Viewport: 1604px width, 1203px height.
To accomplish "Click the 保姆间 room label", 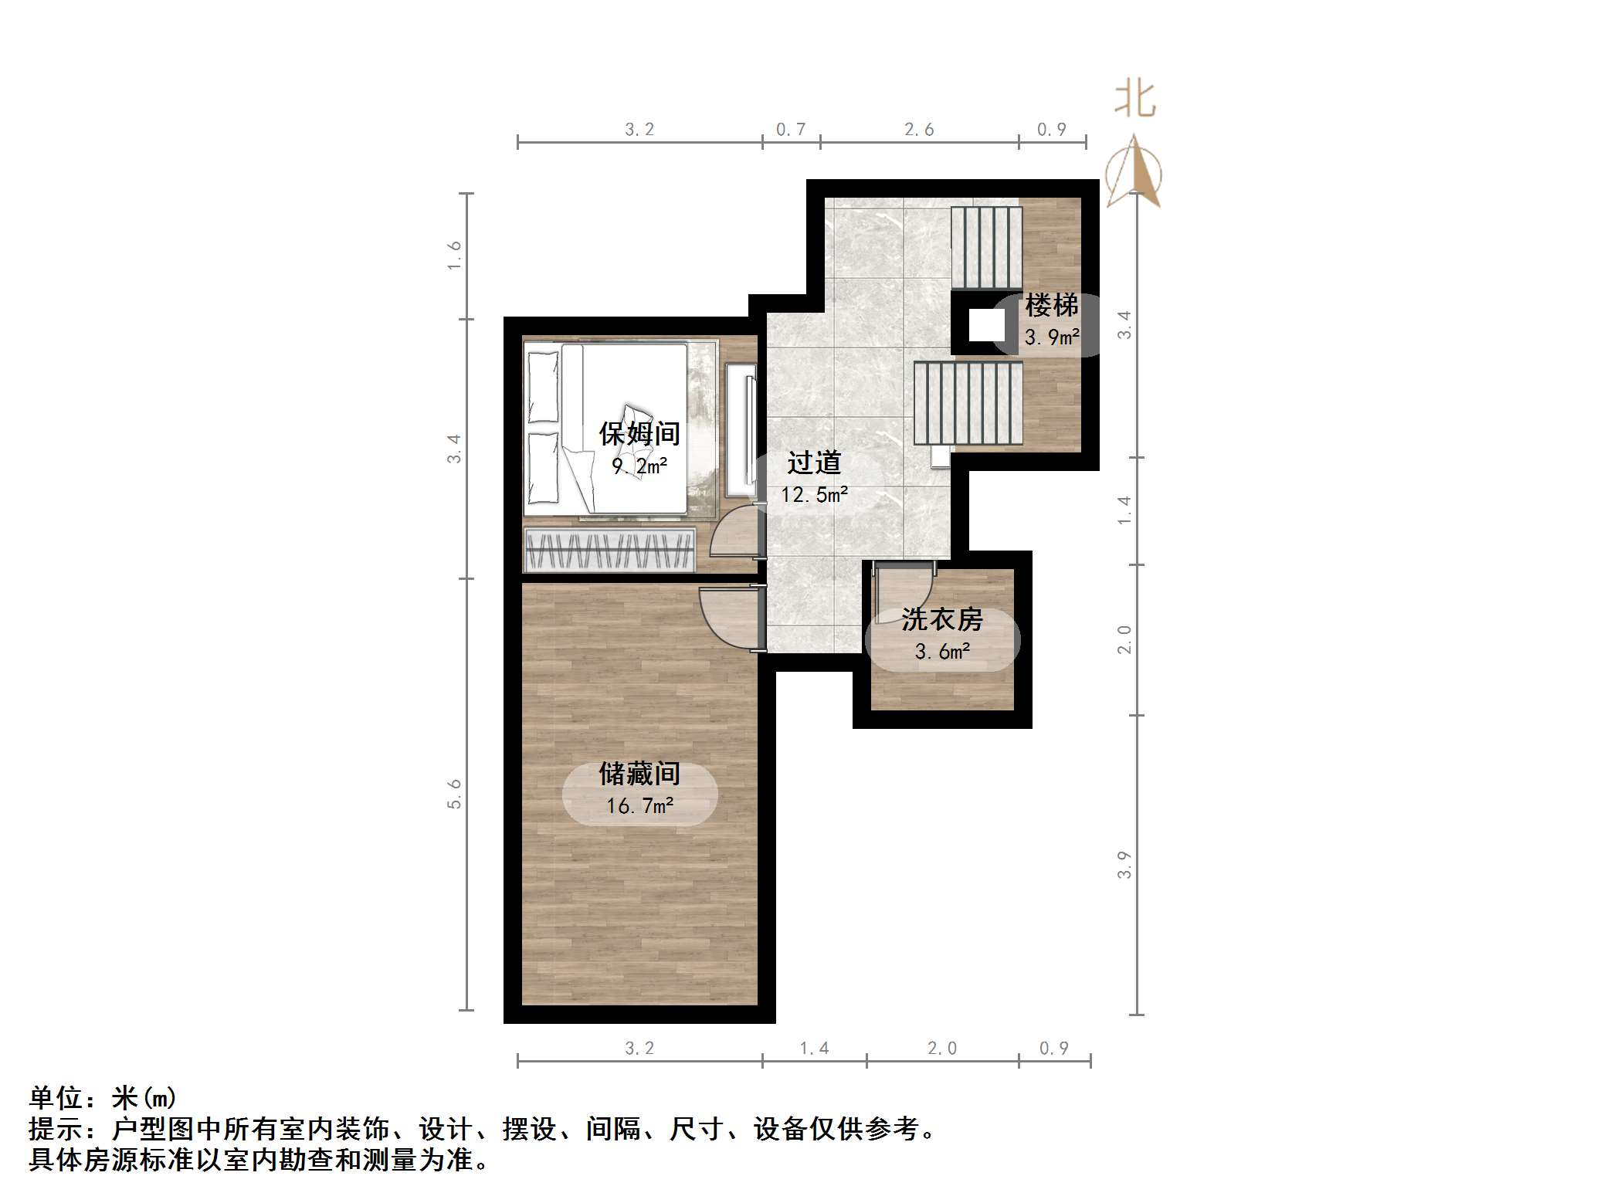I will (639, 434).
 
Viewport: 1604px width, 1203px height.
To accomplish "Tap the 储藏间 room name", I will (639, 774).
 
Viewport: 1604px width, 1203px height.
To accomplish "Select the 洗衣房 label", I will (941, 619).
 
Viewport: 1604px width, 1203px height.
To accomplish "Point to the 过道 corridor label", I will (814, 463).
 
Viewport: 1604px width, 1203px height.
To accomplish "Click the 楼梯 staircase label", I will (1051, 306).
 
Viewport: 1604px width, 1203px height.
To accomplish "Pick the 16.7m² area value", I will (639, 806).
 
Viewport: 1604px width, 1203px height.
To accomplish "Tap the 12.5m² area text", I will (814, 495).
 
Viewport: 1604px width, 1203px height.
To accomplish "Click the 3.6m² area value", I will (941, 652).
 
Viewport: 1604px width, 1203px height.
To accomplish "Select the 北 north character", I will (1134, 100).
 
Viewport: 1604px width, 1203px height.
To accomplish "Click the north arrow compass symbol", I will (1134, 174).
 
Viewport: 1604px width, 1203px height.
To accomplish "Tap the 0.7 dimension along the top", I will (791, 130).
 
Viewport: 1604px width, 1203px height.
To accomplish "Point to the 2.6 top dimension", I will (919, 130).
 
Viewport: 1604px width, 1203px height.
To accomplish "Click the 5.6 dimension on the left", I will (454, 794).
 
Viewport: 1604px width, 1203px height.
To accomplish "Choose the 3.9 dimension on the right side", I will (1124, 865).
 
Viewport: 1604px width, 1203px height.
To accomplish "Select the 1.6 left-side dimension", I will (454, 255).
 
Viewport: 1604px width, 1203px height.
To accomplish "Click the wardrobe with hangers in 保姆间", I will (609, 550).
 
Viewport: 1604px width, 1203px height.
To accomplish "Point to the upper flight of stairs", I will (986, 247).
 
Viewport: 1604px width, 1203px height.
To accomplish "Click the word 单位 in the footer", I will (56, 1098).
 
